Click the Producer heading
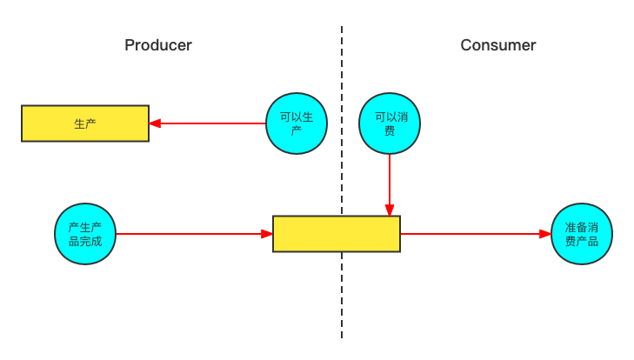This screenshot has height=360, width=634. pyautogui.click(x=158, y=45)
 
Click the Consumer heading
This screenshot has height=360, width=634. pyautogui.click(x=498, y=45)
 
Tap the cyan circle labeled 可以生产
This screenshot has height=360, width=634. pyautogui.click(x=296, y=123)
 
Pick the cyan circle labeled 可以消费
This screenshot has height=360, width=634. pyautogui.click(x=390, y=123)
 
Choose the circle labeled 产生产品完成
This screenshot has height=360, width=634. pyautogui.click(x=85, y=234)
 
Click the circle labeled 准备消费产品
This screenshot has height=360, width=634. pyautogui.click(x=582, y=234)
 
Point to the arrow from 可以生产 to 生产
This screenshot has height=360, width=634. pyautogui.click(x=209, y=123)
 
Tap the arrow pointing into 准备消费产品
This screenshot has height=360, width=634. pyautogui.click(x=474, y=234)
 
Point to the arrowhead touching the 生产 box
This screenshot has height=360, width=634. pyautogui.click(x=155, y=123)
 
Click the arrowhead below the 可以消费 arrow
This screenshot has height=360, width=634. pyautogui.click(x=390, y=210)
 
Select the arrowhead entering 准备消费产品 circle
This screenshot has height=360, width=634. pyautogui.click(x=545, y=234)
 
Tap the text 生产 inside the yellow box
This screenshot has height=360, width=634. pyautogui.click(x=85, y=124)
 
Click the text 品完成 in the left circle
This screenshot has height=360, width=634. pyautogui.click(x=85, y=241)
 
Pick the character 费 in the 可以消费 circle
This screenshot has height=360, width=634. pyautogui.click(x=390, y=131)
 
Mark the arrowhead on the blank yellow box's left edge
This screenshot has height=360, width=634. pyautogui.click(x=267, y=234)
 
